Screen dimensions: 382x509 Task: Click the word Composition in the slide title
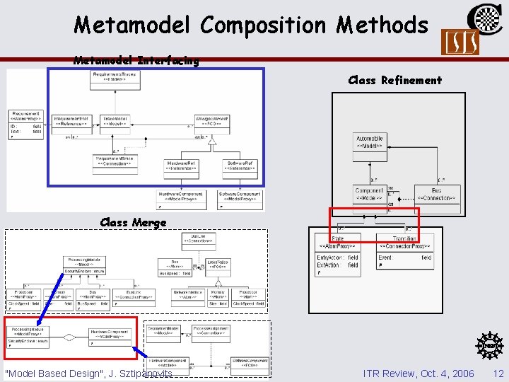(264, 25)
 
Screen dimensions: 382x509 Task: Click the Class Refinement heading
(394, 80)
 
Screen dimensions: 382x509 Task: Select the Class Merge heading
(134, 222)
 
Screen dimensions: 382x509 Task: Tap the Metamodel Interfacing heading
(136, 61)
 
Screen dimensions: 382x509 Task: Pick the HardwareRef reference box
(181, 165)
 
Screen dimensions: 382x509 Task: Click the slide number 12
(498, 373)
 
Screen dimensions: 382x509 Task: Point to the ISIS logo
(460, 42)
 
